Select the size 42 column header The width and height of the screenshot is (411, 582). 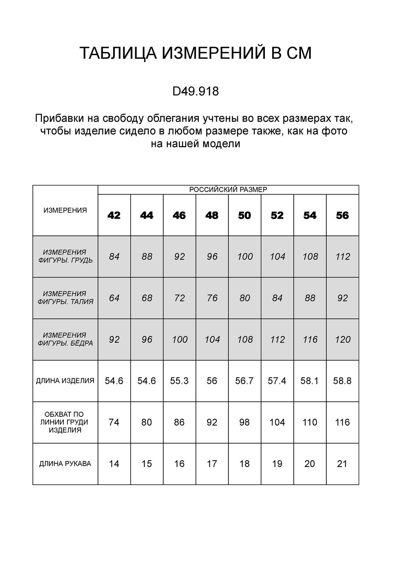coord(114,216)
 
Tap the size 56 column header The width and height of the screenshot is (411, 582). coord(342,216)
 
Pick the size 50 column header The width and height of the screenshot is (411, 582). coord(244,216)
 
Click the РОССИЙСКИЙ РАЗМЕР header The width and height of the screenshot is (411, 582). coord(228,190)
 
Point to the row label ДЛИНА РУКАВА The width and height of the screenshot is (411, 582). coord(65,464)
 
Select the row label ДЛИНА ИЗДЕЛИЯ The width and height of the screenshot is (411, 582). coord(65,381)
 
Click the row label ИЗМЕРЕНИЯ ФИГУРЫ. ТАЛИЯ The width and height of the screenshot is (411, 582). coord(65,298)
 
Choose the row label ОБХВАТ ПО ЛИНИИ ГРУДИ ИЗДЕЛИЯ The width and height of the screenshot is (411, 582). coord(65,422)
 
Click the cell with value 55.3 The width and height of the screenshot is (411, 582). coord(179,381)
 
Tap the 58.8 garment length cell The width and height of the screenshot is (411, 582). coord(342,381)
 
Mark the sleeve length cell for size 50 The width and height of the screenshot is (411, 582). coord(244,464)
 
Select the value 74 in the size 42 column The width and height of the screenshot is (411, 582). coord(114,422)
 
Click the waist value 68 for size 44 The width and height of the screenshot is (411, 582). coord(147,298)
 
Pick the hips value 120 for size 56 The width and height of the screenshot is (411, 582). coord(342,340)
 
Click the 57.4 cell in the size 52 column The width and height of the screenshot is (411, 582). coord(277,381)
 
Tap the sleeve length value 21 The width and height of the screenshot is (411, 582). coord(342,464)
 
